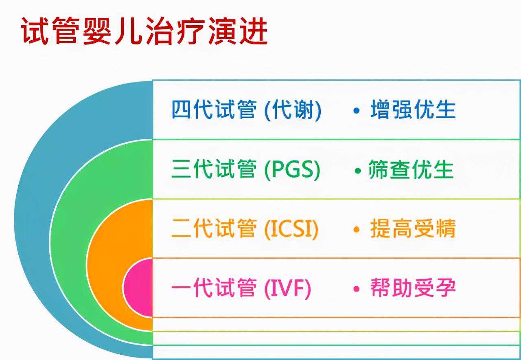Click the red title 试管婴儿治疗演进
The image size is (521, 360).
coord(144,32)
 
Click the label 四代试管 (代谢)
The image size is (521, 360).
coord(246,110)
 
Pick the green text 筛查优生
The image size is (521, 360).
coord(411,170)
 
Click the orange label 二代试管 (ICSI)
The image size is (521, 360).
coord(245,229)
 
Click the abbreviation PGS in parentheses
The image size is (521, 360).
coord(292,170)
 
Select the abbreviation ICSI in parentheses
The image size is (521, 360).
coord(291,229)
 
